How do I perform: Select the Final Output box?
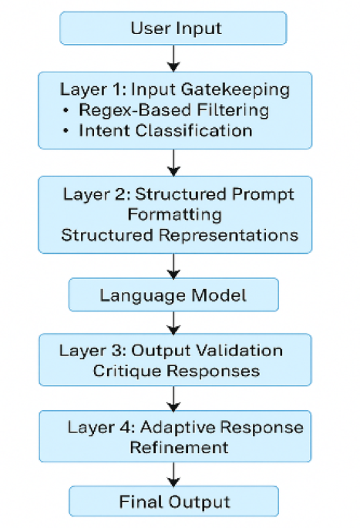174,502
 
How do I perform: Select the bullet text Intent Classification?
165,130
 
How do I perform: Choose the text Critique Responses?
176,371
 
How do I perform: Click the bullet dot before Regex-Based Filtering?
66,109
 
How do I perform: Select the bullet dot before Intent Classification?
66,130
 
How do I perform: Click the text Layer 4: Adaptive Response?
185,427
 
